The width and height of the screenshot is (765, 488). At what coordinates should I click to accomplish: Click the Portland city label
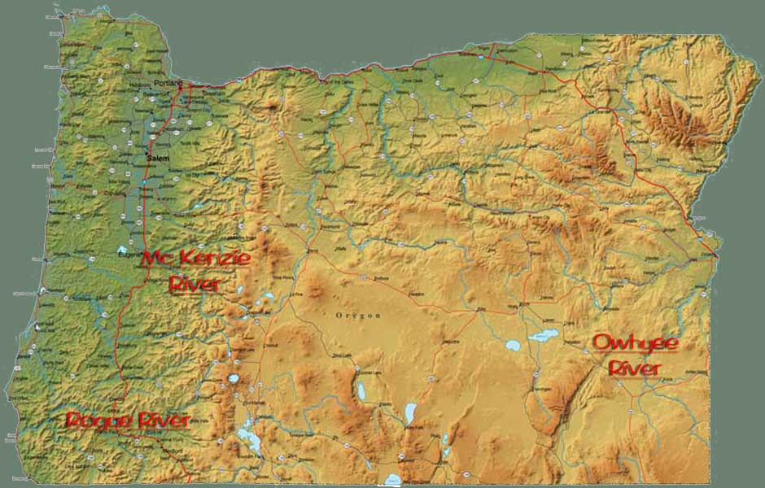165,83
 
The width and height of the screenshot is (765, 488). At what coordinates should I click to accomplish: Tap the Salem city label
156,157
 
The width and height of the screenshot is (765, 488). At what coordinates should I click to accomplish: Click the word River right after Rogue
164,420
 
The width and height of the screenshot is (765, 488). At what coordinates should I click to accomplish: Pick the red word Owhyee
635,342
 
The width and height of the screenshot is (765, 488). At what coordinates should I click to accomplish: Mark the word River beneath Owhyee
635,368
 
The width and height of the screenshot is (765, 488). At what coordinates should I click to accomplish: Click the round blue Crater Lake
234,378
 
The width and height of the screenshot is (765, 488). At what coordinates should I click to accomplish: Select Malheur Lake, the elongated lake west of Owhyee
543,334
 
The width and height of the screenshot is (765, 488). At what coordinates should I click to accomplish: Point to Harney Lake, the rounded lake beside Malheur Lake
513,345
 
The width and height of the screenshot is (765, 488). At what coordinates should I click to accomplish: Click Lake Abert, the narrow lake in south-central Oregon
410,412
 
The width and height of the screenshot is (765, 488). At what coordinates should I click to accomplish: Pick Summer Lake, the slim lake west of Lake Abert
361,391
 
